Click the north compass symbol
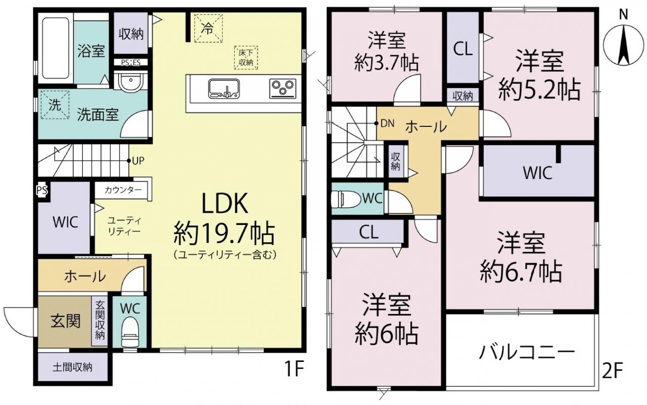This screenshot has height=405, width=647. click(x=624, y=44)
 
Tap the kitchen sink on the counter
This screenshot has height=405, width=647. click(x=224, y=88)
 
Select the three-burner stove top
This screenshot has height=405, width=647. click(x=283, y=88)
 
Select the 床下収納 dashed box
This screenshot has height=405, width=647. click(x=246, y=58)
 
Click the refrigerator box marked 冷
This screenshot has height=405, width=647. click(x=208, y=28)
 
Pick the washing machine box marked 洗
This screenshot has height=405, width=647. click(x=55, y=105)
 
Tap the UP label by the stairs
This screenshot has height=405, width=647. click(x=138, y=161)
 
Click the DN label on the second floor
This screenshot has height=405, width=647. click(x=387, y=124)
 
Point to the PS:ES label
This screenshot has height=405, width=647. click(x=130, y=63)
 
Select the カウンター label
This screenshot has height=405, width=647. click(x=123, y=190)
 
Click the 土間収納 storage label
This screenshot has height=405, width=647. click(x=72, y=368)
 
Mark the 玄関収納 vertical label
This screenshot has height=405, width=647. click(x=100, y=320)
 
